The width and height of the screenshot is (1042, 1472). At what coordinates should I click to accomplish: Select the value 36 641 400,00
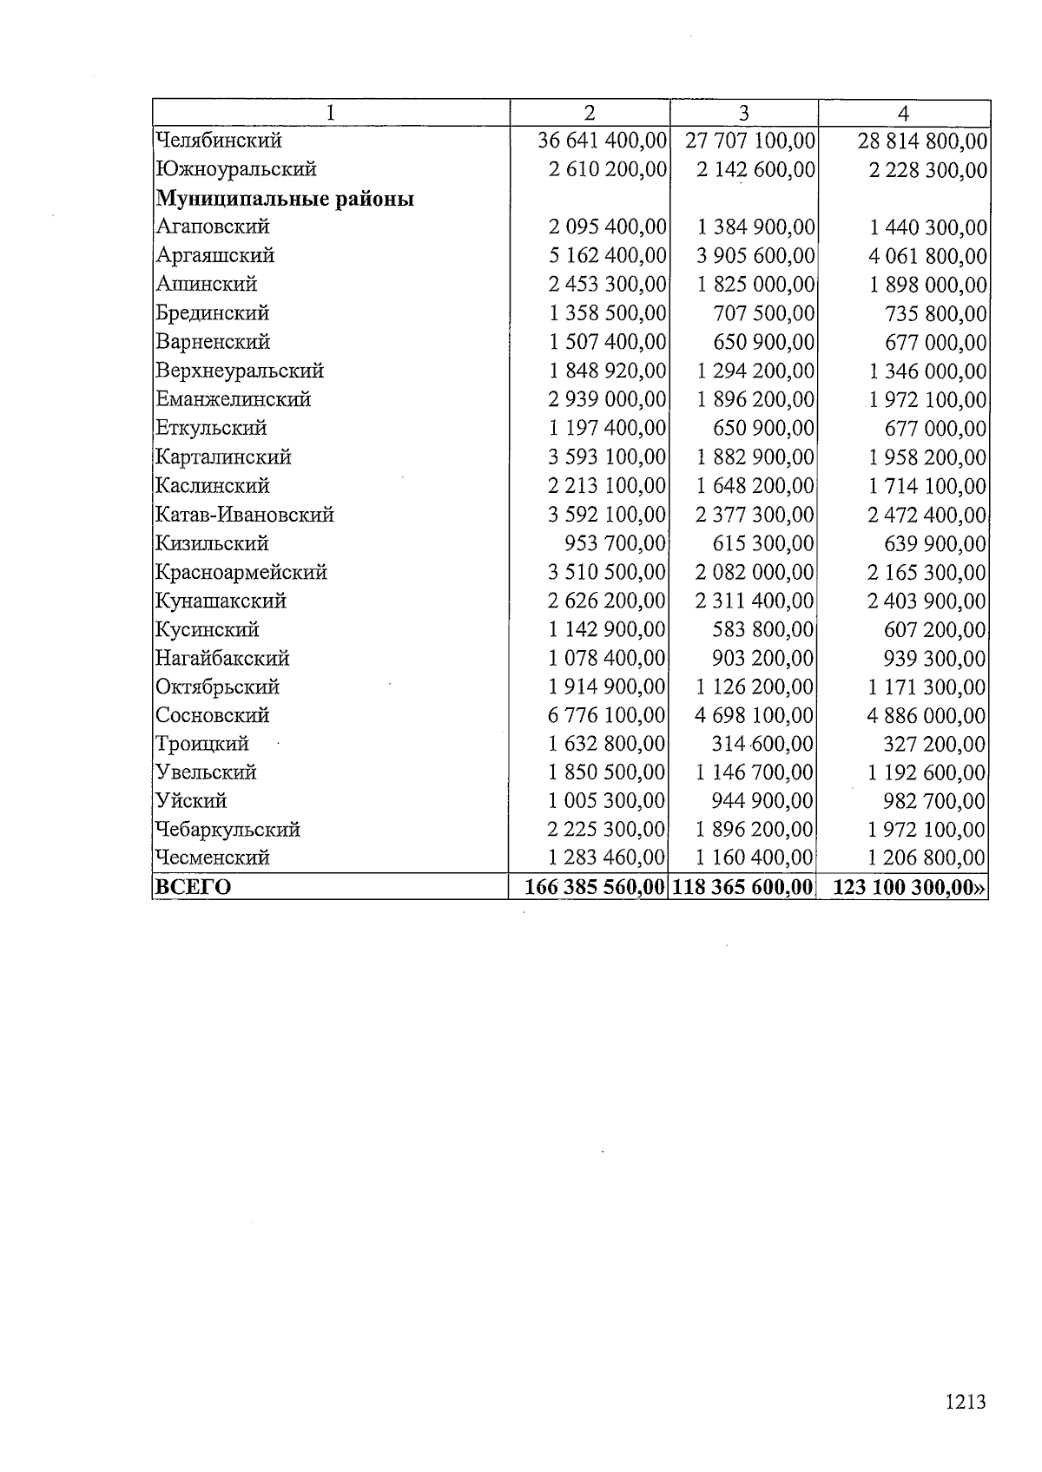point(602,141)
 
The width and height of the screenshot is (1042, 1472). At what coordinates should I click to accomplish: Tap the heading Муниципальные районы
point(285,199)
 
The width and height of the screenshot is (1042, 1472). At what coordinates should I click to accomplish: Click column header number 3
point(743,113)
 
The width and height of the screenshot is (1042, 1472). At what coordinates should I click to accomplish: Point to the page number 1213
point(965,1401)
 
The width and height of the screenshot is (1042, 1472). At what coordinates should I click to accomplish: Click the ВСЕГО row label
point(193,887)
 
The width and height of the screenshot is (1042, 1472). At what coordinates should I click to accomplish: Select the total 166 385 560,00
point(595,887)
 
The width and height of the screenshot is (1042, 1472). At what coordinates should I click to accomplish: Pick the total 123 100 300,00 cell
point(907,887)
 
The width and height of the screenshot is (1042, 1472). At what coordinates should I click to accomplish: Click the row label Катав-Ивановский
point(245,515)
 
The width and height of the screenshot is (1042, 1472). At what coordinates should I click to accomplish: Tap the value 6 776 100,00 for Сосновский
point(607,715)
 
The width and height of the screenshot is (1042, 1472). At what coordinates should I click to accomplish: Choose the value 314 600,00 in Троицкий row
point(762,744)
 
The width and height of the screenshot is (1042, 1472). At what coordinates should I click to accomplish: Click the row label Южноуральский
point(235,169)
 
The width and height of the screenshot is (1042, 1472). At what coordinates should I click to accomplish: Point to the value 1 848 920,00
point(607,371)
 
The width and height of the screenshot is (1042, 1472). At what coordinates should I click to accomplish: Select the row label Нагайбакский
point(222,658)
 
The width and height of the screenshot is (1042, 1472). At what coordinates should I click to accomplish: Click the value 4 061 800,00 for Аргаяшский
point(927,256)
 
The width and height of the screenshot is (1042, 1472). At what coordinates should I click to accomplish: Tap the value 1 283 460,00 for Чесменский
point(607,858)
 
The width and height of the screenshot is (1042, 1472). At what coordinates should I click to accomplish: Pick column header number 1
point(331,113)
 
